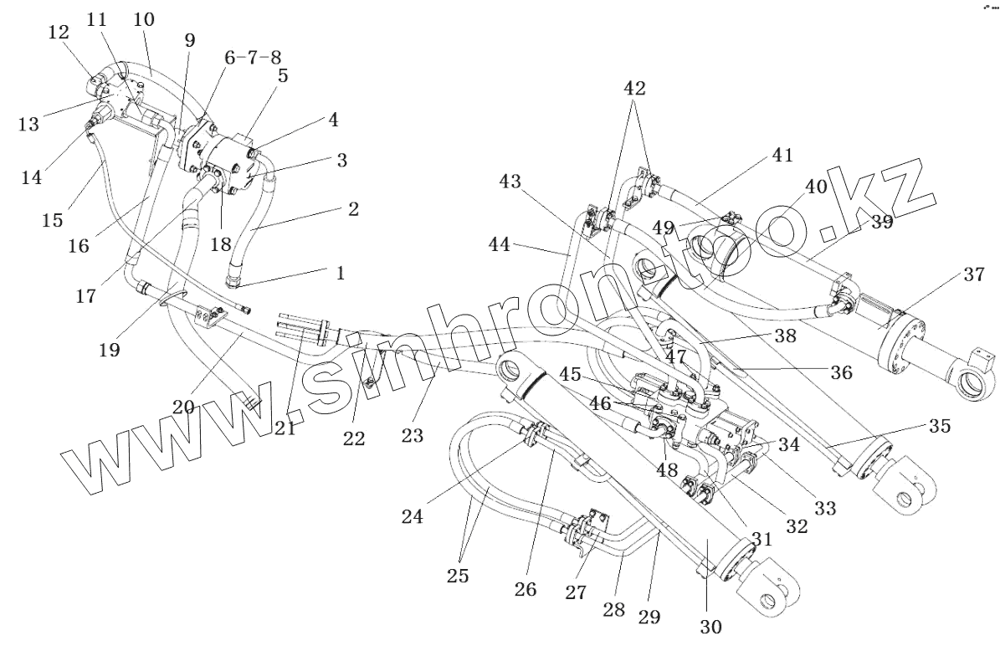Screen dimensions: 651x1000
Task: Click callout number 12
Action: point(59,33)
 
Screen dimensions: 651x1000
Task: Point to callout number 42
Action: point(634,89)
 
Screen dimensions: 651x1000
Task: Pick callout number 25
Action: point(457,576)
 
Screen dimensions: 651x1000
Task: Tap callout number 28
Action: point(614,608)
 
